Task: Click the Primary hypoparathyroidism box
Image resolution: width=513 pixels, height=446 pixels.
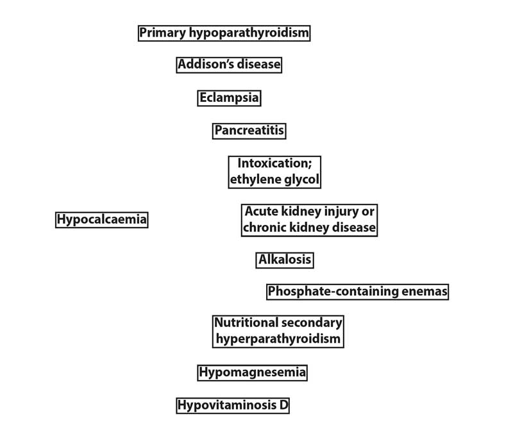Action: point(224,33)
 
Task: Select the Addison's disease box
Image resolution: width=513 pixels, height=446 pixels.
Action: point(229,65)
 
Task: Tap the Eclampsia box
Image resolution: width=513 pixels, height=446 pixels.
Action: point(229,98)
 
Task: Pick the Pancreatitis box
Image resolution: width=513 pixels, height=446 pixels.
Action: point(249,131)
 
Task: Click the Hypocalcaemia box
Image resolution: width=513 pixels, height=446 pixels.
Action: point(102,219)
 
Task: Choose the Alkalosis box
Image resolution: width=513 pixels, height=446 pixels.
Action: point(285,260)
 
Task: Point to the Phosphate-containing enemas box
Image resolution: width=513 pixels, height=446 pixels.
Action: point(357,292)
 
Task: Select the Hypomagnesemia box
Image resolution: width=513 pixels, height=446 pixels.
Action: point(252,373)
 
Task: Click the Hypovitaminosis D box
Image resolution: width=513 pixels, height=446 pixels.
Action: point(233,406)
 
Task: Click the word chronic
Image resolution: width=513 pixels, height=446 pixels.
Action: point(265,227)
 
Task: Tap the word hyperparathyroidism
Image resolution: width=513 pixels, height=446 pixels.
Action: point(278,339)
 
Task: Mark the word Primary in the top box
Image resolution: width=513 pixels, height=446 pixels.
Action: point(163,33)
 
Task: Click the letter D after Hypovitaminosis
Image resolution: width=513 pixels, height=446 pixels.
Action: point(283,406)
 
